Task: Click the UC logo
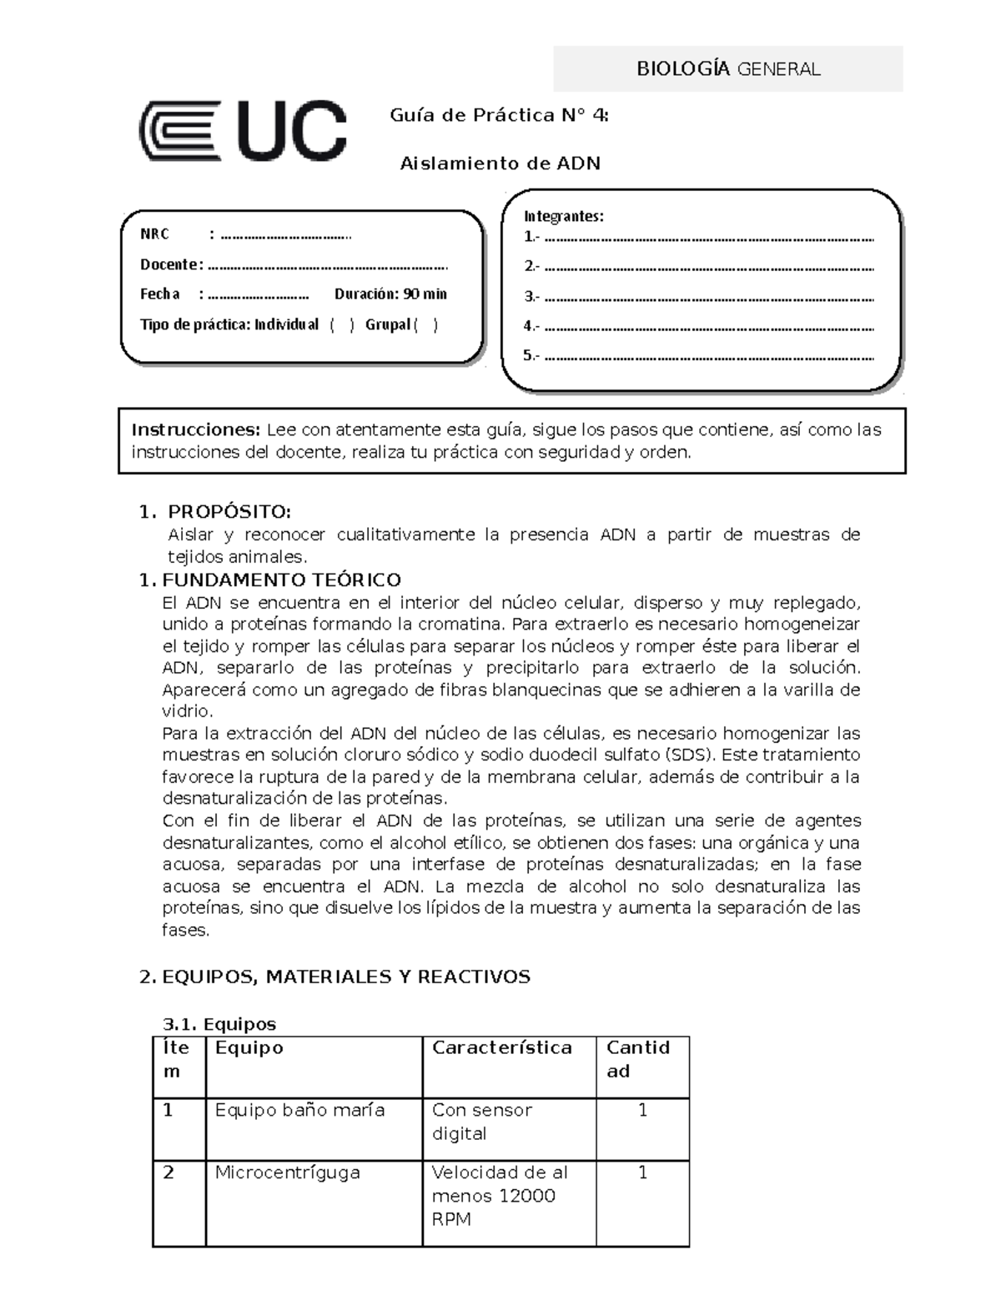pyautogui.click(x=242, y=131)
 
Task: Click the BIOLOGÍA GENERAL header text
pyautogui.click(x=728, y=69)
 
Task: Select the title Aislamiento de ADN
pyautogui.click(x=500, y=163)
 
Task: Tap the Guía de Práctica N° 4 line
pyautogui.click(x=499, y=115)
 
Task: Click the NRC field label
pyautogui.click(x=154, y=234)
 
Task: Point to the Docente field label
pyautogui.click(x=170, y=264)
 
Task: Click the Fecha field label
pyautogui.click(x=160, y=294)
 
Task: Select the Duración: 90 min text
pyautogui.click(x=390, y=294)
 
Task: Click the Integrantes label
pyautogui.click(x=563, y=216)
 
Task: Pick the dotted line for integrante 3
pyautogui.click(x=708, y=298)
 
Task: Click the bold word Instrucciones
pyautogui.click(x=196, y=430)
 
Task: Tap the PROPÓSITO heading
pyautogui.click(x=229, y=511)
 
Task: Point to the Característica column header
pyautogui.click(x=501, y=1048)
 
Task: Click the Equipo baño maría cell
pyautogui.click(x=300, y=1111)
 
